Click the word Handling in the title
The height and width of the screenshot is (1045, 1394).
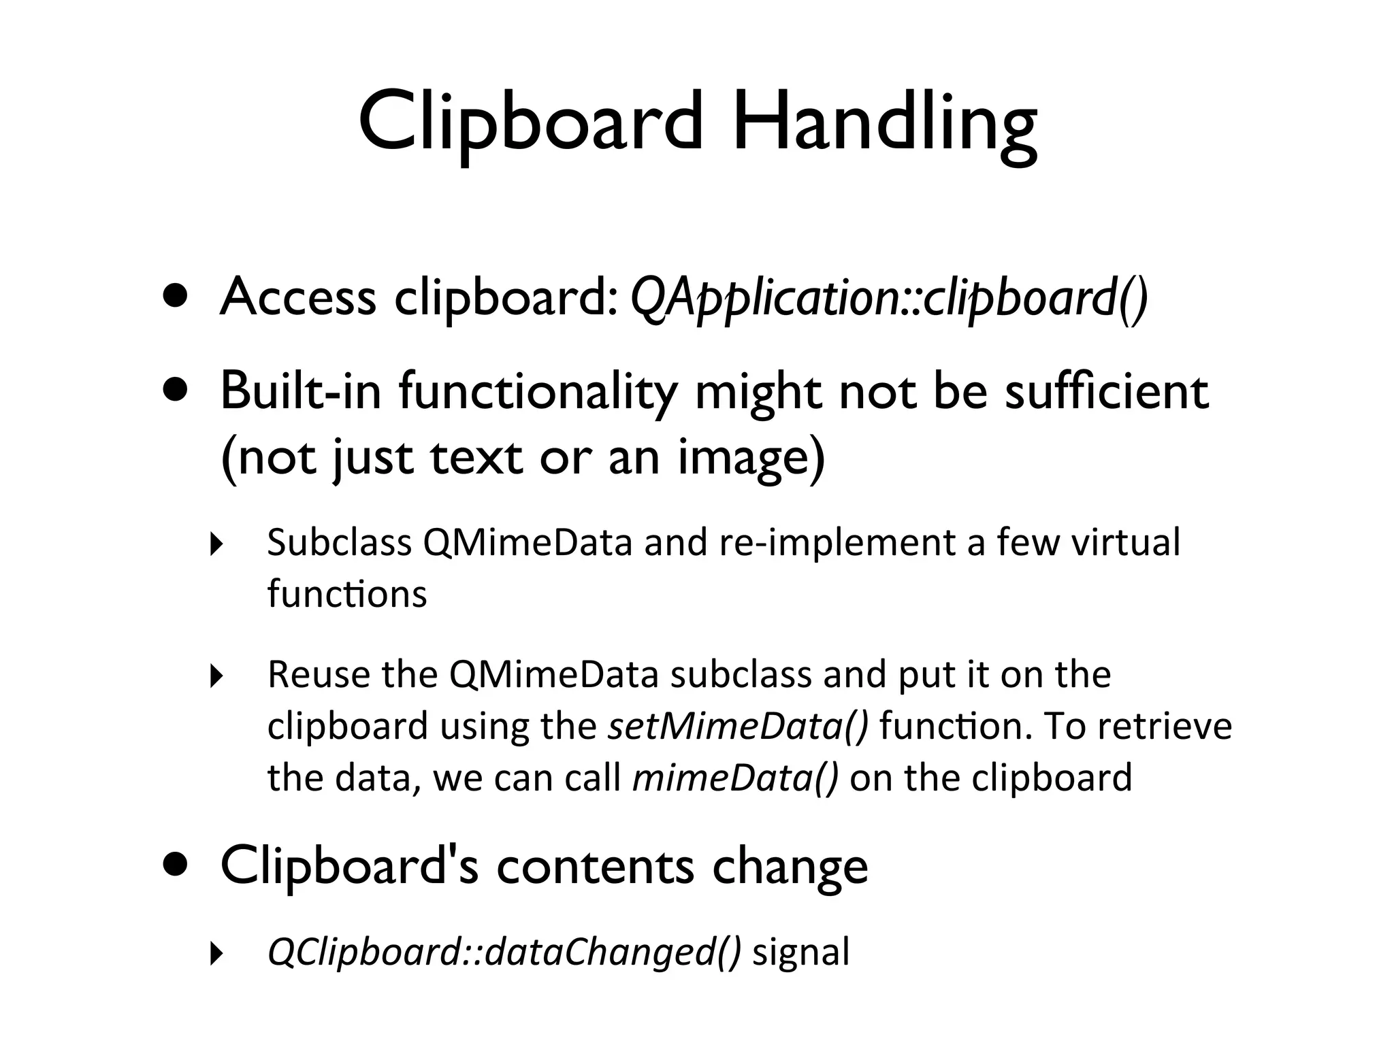pyautogui.click(x=884, y=125)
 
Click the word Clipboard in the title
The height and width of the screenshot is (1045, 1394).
pyautogui.click(x=531, y=125)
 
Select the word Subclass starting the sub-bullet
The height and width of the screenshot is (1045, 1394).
pyautogui.click(x=339, y=543)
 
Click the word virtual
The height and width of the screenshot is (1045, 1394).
pyautogui.click(x=1125, y=543)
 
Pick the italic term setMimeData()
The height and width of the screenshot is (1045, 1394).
pyautogui.click(x=738, y=727)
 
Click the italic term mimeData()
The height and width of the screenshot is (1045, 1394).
pyautogui.click(x=735, y=778)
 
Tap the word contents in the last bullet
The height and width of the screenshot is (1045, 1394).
pyautogui.click(x=596, y=867)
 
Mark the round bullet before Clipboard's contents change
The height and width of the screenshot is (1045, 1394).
pyautogui.click(x=175, y=865)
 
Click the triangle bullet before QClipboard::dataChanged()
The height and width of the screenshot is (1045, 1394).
pyautogui.click(x=216, y=954)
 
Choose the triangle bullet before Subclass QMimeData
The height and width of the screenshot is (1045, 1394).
pyautogui.click(x=216, y=544)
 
